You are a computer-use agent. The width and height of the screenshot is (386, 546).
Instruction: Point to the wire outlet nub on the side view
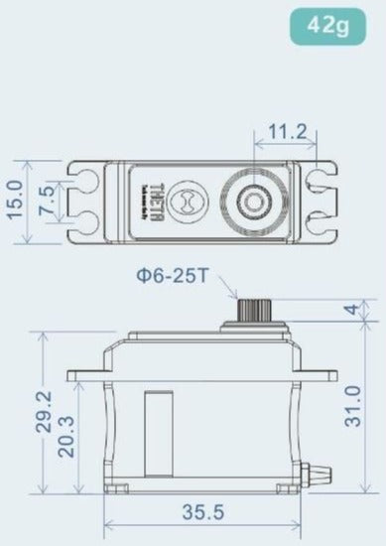[322, 467]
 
